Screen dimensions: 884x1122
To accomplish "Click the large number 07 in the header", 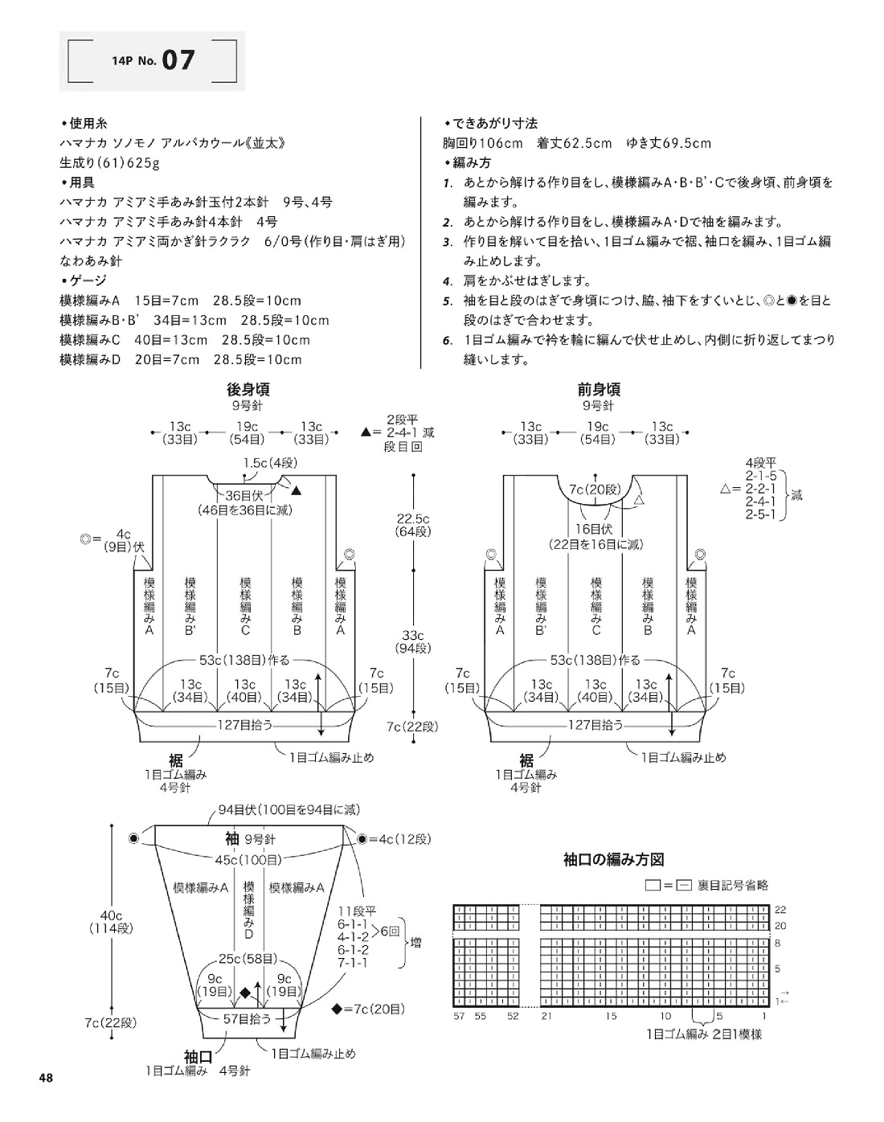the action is (178, 60).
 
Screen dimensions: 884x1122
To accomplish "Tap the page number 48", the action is (46, 1078).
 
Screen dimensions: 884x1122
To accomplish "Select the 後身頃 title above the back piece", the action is (248, 390).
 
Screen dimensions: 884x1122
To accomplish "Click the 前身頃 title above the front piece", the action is (599, 390).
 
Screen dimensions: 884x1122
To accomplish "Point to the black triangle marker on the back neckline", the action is (297, 490).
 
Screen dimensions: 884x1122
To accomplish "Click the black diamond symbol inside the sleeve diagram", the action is (244, 993).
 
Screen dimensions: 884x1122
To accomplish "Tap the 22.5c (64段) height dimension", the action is (412, 525).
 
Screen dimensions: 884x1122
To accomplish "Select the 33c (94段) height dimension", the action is (412, 641).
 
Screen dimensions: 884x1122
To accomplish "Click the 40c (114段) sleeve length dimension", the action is (111, 922).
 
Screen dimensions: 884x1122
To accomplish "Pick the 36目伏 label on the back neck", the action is (244, 495).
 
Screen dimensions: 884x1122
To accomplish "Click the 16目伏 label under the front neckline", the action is (594, 529).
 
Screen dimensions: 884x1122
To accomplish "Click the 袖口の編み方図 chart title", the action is (614, 859).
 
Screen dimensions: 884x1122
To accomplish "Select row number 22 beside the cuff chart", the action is (780, 909).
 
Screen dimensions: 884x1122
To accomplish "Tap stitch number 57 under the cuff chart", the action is (459, 1016).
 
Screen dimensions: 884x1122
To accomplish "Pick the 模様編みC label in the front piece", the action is (596, 606).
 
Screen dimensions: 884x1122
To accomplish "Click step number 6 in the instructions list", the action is (447, 341).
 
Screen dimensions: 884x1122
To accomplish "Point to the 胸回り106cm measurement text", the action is (482, 143).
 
